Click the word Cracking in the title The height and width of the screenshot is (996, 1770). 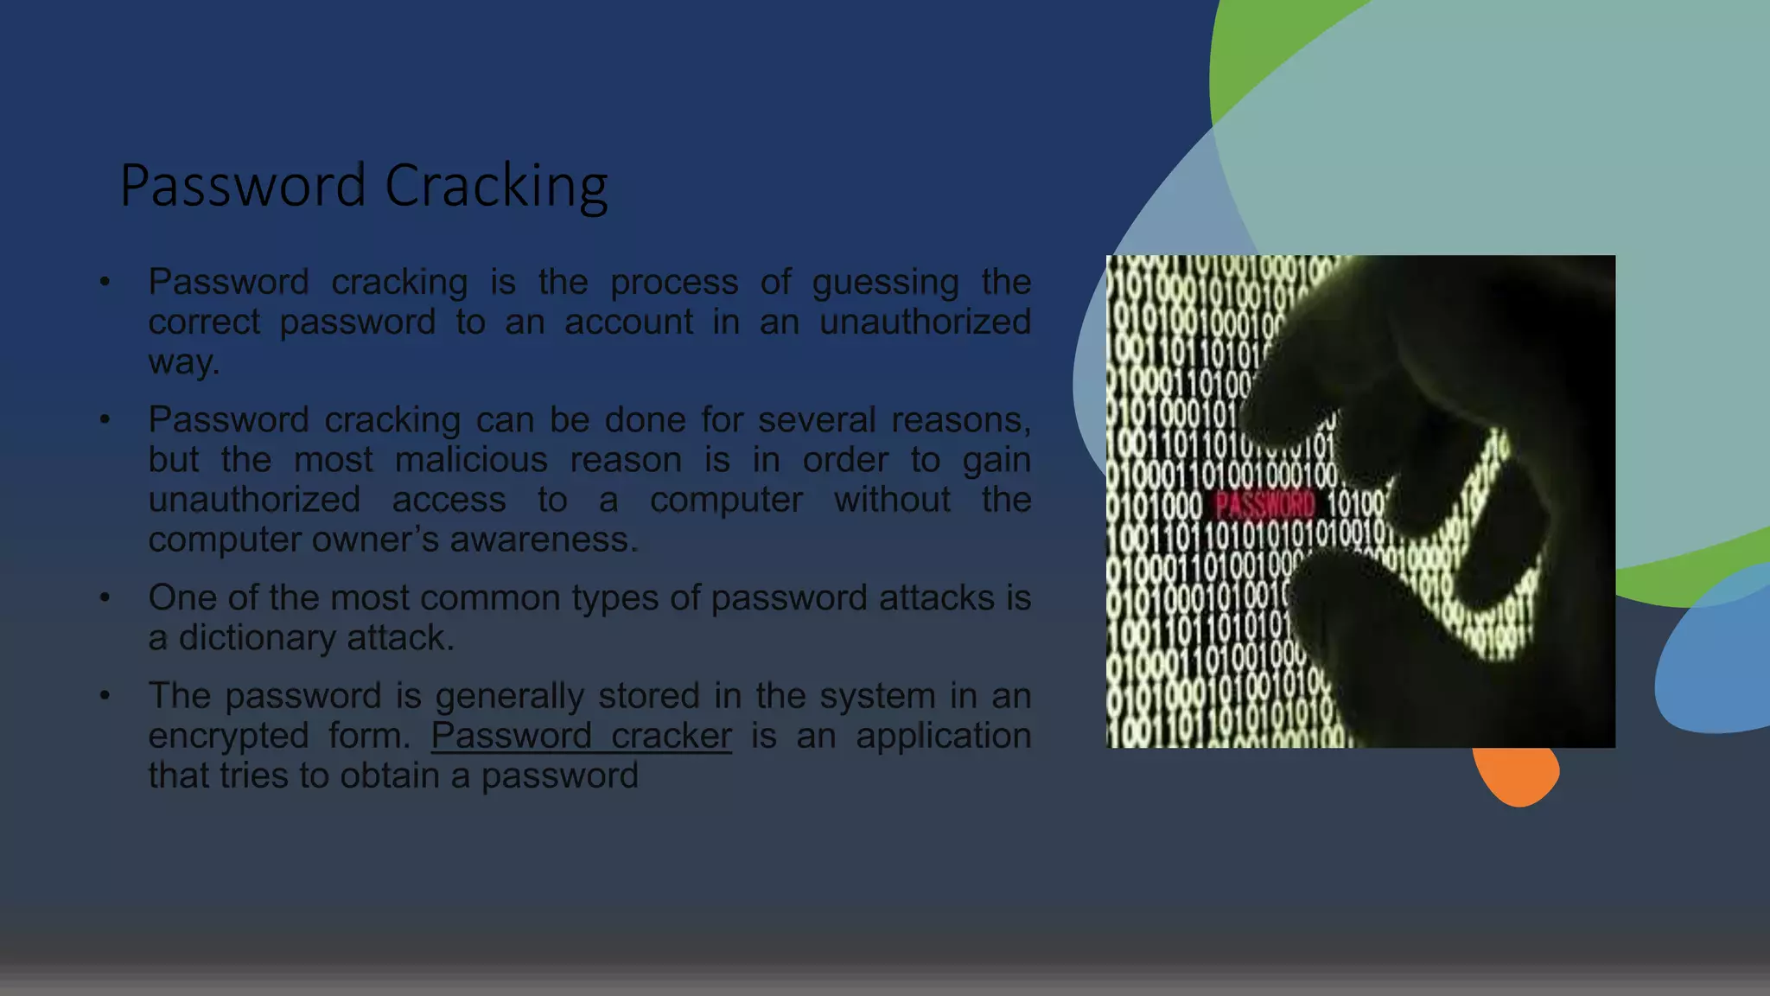click(496, 186)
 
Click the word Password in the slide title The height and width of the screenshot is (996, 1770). click(243, 186)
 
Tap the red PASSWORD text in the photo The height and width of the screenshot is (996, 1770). click(1264, 504)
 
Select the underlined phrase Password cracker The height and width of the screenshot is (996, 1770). click(581, 736)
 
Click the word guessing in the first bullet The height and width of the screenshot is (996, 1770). click(885, 282)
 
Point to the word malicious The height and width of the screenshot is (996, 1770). click(471, 460)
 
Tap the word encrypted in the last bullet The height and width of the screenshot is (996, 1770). click(228, 736)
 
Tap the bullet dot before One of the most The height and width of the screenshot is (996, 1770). click(105, 597)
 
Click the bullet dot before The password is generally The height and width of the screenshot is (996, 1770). click(105, 695)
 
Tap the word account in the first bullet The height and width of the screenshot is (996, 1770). click(628, 322)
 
